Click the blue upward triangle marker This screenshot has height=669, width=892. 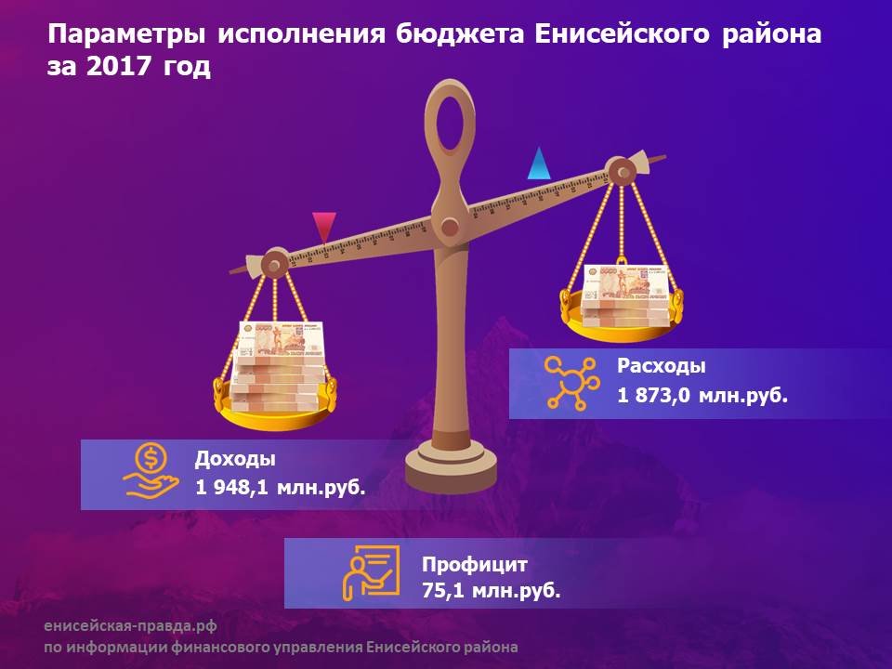tap(539, 166)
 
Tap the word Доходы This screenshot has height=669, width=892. tap(235, 458)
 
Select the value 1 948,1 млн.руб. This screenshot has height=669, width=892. tap(280, 488)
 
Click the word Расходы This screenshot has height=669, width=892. tap(661, 366)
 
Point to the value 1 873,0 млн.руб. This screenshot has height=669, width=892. tap(702, 395)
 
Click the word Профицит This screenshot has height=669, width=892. tap(475, 564)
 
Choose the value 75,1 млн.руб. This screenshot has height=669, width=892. tap(491, 591)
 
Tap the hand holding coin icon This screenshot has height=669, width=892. tap(151, 472)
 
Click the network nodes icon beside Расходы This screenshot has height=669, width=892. tap(571, 383)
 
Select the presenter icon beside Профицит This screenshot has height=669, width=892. tap(371, 573)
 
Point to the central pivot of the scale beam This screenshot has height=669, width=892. tap(450, 227)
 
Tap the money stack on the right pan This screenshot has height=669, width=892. tap(625, 295)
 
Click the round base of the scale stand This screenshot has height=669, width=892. tap(451, 466)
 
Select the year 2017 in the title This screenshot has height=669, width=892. tap(118, 66)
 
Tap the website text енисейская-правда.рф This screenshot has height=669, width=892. tap(130, 626)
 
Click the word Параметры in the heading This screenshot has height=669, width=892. tap(126, 35)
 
